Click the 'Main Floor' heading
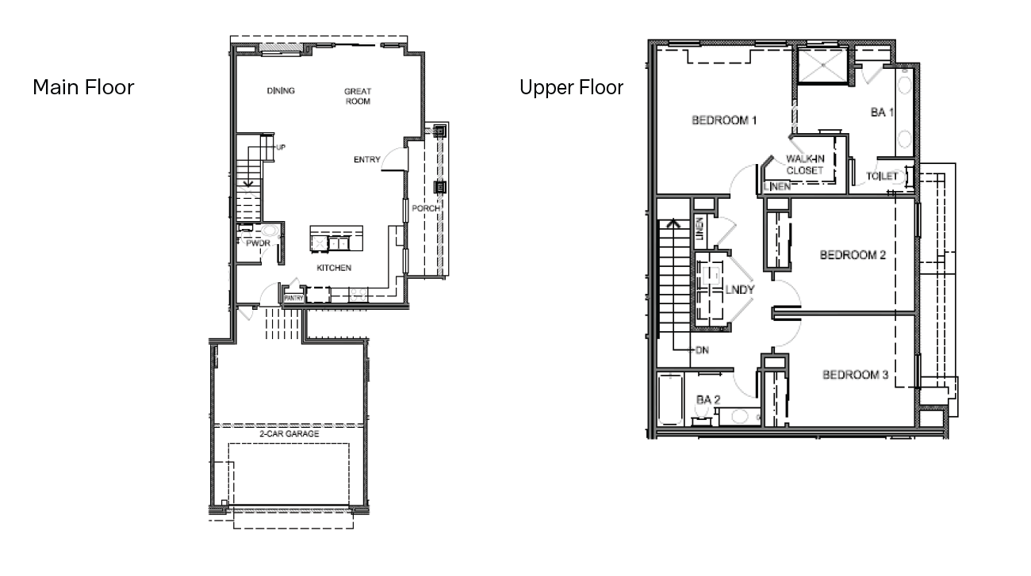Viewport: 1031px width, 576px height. (x=83, y=87)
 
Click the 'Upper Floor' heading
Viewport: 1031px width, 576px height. (x=571, y=87)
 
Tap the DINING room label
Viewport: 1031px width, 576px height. (x=281, y=91)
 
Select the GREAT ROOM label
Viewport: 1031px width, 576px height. (x=357, y=96)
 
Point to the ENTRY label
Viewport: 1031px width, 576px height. (x=367, y=160)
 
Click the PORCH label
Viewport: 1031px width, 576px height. (x=426, y=209)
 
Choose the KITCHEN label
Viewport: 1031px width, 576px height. (x=334, y=268)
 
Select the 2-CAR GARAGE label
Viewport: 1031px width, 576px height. (x=289, y=434)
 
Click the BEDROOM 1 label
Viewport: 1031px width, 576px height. (x=724, y=120)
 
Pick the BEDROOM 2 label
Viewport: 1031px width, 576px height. (x=853, y=255)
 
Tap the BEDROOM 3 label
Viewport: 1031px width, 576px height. (x=854, y=375)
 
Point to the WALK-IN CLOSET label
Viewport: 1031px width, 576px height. (x=805, y=165)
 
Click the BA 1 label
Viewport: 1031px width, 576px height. (x=882, y=113)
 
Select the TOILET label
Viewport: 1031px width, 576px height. (x=882, y=176)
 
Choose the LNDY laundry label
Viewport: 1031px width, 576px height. (x=738, y=290)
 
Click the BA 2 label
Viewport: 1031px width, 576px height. (x=707, y=400)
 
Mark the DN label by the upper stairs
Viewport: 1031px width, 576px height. (x=700, y=349)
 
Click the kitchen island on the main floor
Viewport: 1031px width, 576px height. (x=335, y=238)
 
